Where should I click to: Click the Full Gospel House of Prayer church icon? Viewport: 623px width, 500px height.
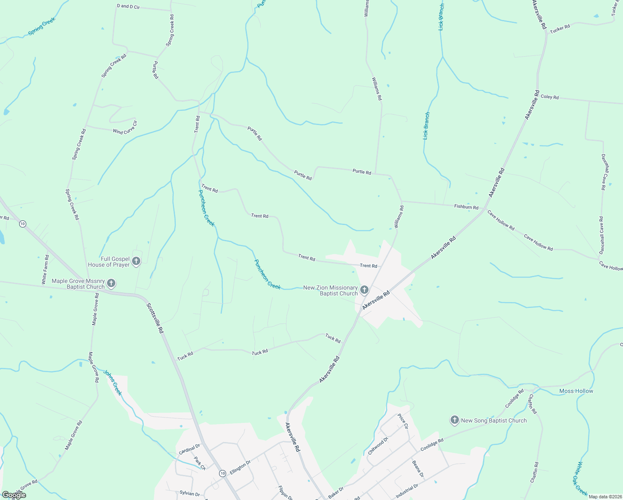pos(136,262)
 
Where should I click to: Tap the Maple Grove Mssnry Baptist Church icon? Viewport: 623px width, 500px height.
pos(111,284)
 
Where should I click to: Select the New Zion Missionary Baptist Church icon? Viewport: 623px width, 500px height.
pos(364,290)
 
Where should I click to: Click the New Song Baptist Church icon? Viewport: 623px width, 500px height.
pos(455,420)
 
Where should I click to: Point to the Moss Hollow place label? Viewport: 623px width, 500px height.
pos(576,391)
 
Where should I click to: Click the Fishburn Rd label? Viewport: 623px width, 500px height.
pos(466,207)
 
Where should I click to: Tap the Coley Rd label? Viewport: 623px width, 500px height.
pos(549,97)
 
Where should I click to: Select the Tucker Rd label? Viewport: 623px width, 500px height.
pos(560,28)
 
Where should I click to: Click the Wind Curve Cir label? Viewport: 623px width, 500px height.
pos(125,128)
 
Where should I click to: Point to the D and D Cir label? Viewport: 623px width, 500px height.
pos(128,7)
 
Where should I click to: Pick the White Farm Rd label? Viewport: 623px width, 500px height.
pos(45,270)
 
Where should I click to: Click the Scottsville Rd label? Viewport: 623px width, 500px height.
pos(155,318)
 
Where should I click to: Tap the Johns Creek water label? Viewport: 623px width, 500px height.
pos(113,382)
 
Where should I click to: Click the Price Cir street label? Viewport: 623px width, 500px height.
pos(403,421)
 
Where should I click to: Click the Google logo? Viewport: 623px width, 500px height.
pos(14,495)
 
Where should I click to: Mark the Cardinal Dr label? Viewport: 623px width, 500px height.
pos(189,449)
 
